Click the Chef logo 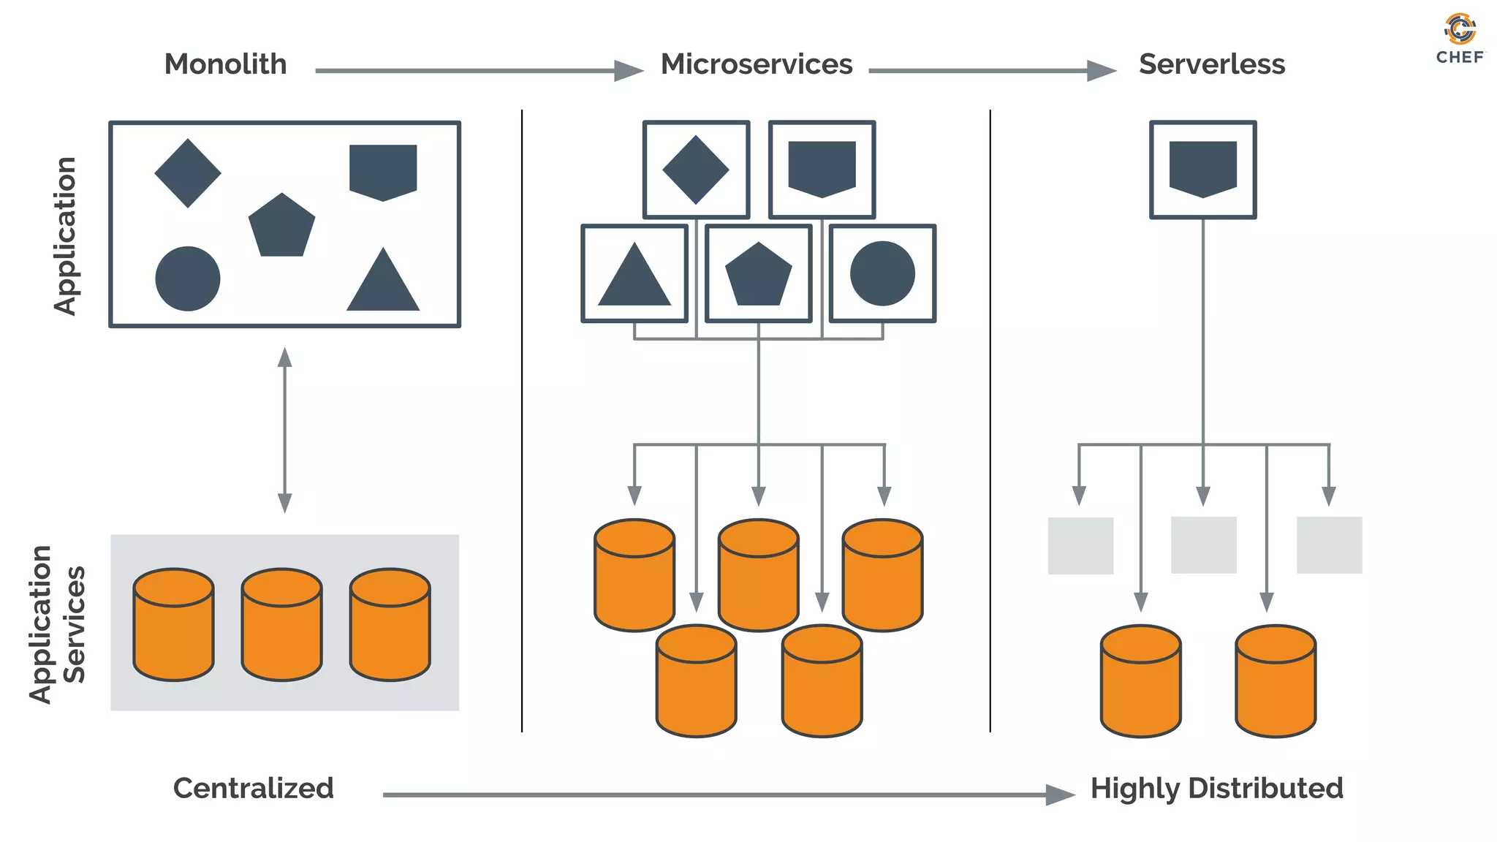tap(1460, 38)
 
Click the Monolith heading tap(225, 64)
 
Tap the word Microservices tap(757, 64)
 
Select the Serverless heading tap(1211, 64)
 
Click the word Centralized tap(253, 788)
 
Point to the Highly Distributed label tap(1216, 788)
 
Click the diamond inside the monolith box tap(188, 173)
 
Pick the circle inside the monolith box tap(188, 278)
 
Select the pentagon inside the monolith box tap(281, 227)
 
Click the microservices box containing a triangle tap(634, 273)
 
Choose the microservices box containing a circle tap(882, 273)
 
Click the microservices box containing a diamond tap(696, 170)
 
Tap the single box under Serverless tap(1202, 170)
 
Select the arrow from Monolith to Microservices tap(479, 71)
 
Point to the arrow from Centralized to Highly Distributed tap(727, 794)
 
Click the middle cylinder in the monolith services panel tap(281, 625)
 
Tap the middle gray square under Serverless tap(1203, 545)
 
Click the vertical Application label tap(66, 235)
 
